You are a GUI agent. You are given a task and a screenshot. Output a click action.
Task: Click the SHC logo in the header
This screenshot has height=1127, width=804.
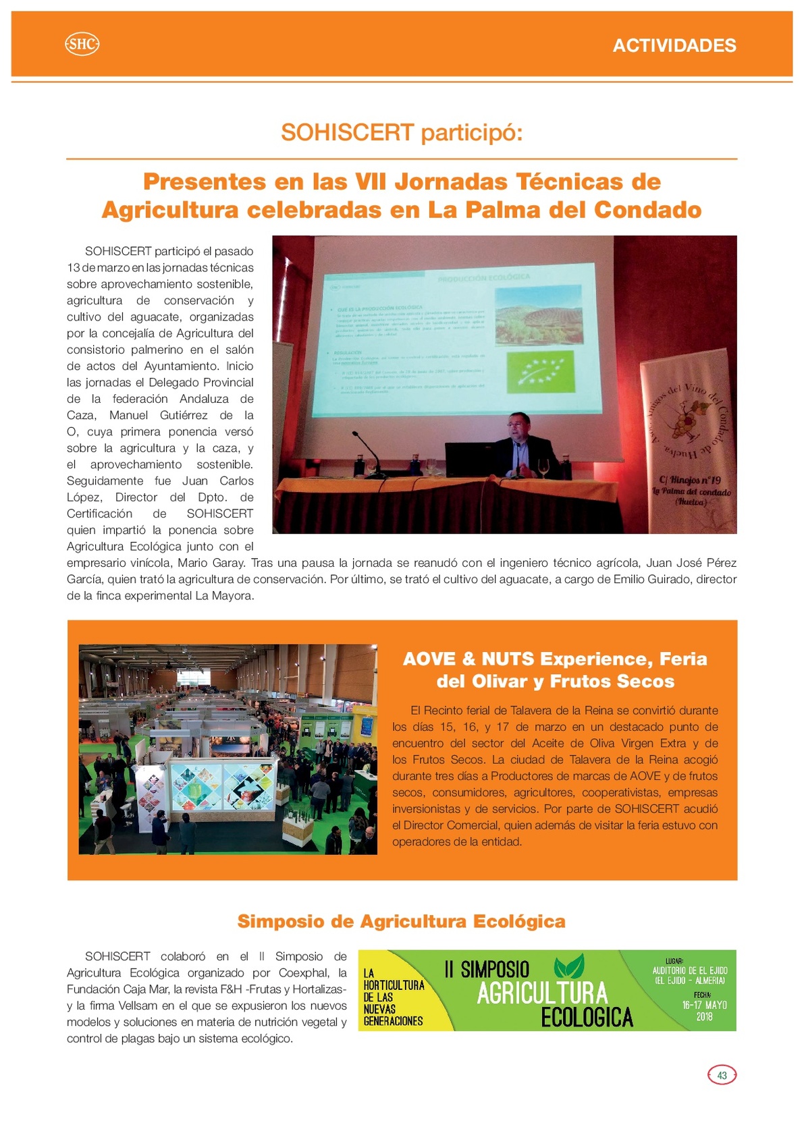tap(82, 45)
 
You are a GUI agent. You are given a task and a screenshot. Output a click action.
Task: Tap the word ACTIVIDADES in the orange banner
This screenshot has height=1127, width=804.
tap(674, 45)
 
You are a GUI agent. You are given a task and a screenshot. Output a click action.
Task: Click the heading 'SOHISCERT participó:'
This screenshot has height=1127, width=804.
tap(402, 133)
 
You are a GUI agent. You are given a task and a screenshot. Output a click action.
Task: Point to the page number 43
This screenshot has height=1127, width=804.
tap(722, 1075)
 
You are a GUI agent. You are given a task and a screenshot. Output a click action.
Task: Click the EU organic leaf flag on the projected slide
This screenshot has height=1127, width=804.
tap(539, 370)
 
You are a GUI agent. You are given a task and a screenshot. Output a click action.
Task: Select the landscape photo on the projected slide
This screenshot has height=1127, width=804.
tap(538, 315)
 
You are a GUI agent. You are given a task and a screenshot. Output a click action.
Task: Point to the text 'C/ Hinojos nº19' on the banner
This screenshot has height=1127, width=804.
tap(689, 480)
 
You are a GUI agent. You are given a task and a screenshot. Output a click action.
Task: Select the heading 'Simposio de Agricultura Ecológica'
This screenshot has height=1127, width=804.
tap(401, 921)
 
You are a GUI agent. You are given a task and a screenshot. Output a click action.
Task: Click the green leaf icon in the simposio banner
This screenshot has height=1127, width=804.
tap(568, 966)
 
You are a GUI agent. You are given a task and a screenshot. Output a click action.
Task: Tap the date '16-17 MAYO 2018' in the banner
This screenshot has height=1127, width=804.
tap(704, 1010)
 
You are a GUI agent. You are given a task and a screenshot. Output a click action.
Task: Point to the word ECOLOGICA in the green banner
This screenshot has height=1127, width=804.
tap(587, 1017)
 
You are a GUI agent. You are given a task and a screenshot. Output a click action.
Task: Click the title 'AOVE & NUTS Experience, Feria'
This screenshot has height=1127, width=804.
tap(554, 659)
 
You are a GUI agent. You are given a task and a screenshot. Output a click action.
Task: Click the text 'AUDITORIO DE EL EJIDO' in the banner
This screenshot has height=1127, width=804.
tap(690, 970)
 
